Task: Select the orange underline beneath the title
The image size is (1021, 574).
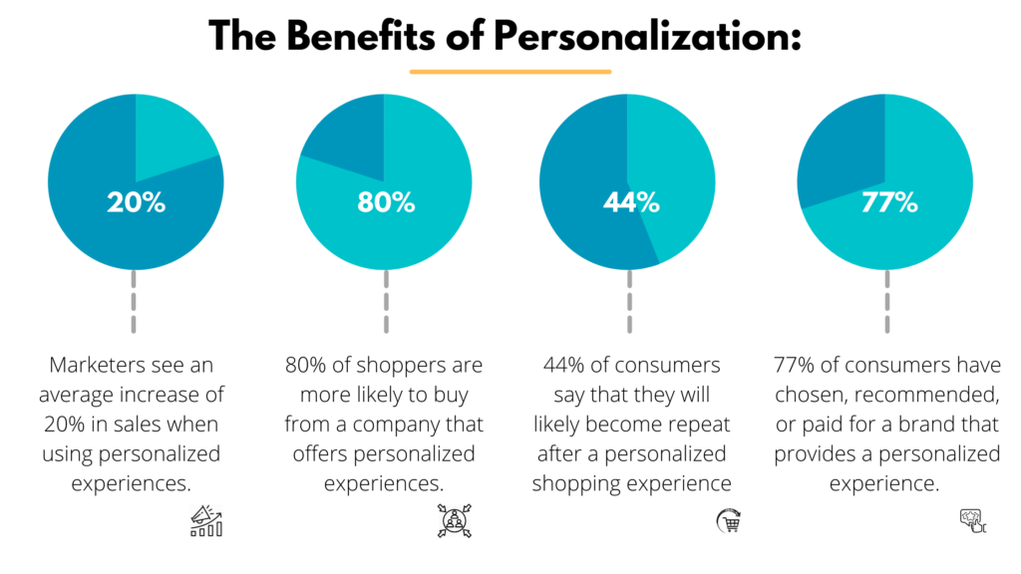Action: (510, 72)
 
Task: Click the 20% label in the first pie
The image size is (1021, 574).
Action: (137, 202)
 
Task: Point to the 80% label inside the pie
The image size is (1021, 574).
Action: (385, 202)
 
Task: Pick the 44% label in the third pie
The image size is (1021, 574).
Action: (631, 202)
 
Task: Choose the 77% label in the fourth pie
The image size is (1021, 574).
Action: (888, 202)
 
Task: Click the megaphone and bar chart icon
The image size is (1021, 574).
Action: (206, 521)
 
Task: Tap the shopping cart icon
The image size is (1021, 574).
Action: (730, 521)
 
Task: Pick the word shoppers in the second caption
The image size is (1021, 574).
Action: (400, 366)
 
